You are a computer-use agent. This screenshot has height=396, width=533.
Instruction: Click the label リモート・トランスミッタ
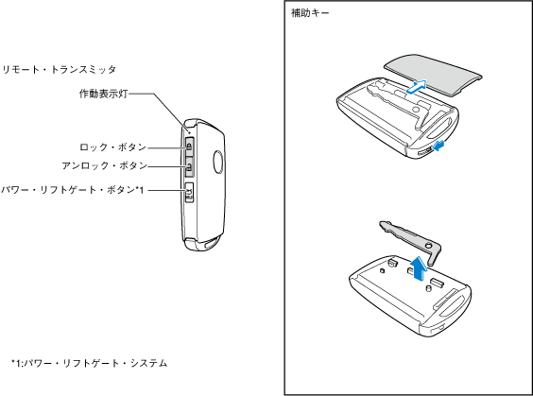[60, 70]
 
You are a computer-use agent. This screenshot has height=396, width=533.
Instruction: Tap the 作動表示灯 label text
[103, 94]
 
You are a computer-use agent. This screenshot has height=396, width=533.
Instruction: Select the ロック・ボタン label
[112, 147]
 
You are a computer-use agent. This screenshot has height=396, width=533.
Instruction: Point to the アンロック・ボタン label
[104, 166]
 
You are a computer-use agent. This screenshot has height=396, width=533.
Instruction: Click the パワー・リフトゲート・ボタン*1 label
[73, 190]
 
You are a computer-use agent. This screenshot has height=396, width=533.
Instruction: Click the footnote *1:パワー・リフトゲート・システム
[90, 363]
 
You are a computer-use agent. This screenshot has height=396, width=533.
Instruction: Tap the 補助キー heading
[310, 13]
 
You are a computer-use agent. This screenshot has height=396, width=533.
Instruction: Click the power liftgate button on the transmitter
[189, 193]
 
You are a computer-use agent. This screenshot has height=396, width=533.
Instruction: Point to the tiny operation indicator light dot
[189, 131]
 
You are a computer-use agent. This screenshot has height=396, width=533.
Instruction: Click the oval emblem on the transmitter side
[218, 163]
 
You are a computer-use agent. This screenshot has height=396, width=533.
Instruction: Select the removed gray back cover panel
[433, 75]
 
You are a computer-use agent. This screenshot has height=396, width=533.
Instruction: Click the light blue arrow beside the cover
[417, 86]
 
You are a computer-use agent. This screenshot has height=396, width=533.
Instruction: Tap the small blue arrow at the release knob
[438, 146]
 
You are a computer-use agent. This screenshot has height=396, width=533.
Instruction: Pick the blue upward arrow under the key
[419, 268]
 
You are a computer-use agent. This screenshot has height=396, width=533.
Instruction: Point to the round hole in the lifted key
[429, 245]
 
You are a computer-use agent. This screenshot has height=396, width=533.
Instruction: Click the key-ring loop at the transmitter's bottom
[212, 244]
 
